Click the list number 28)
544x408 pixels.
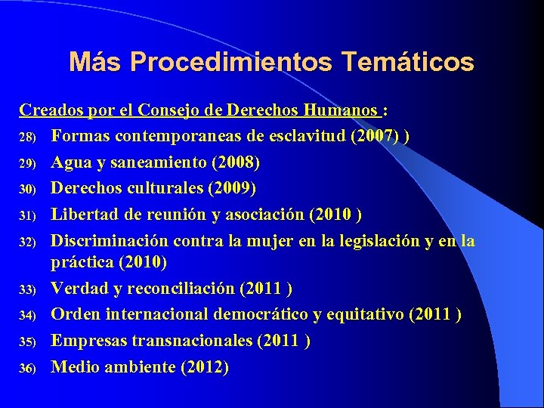pyautogui.click(x=27, y=137)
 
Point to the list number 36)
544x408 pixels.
pyautogui.click(x=27, y=368)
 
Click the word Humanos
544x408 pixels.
pyautogui.click(x=342, y=110)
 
